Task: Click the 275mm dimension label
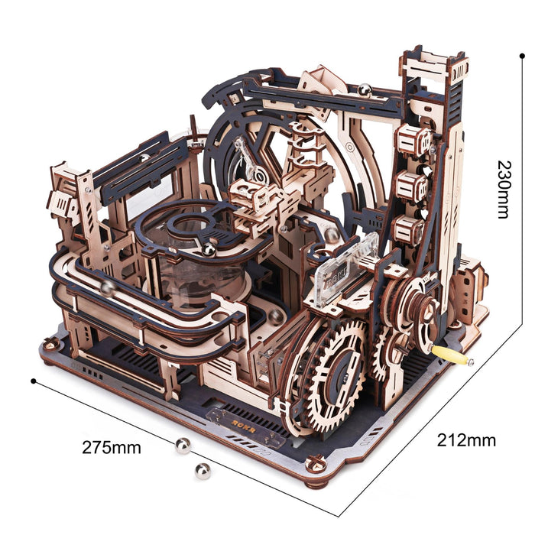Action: pos(112,448)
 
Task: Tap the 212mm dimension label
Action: pos(466,439)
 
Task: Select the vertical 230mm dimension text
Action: pos(502,189)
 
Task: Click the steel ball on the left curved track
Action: pos(108,287)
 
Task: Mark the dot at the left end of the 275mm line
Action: pos(34,380)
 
